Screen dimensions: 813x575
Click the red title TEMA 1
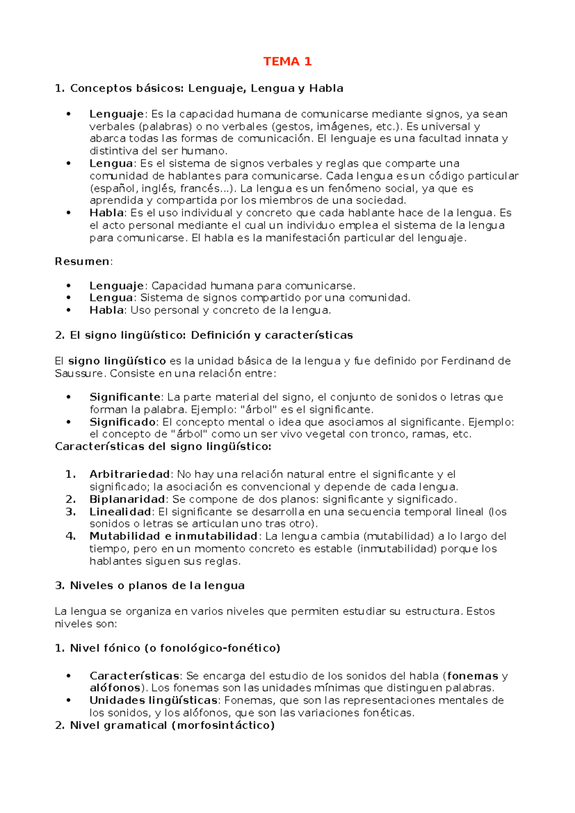pyautogui.click(x=287, y=61)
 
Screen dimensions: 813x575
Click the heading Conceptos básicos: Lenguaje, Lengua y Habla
pyautogui.click(x=207, y=88)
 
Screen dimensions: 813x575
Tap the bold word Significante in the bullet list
pyautogui.click(x=125, y=397)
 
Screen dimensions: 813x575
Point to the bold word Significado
pyautogui.click(x=123, y=422)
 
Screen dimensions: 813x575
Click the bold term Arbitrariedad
pyautogui.click(x=129, y=474)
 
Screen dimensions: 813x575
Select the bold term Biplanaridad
pyautogui.click(x=127, y=499)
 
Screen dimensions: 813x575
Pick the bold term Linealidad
pyautogui.click(x=120, y=511)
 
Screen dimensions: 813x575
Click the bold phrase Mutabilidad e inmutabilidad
pyautogui.click(x=173, y=536)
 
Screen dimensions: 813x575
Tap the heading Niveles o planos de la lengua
pyautogui.click(x=157, y=585)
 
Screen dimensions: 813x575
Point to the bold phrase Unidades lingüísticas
pyautogui.click(x=153, y=700)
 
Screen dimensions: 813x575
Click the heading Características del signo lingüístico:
pyautogui.click(x=163, y=447)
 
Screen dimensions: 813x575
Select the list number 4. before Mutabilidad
pyautogui.click(x=70, y=536)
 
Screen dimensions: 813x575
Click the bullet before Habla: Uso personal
pyautogui.click(x=69, y=310)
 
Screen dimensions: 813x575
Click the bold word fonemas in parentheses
pyautogui.click(x=472, y=676)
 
